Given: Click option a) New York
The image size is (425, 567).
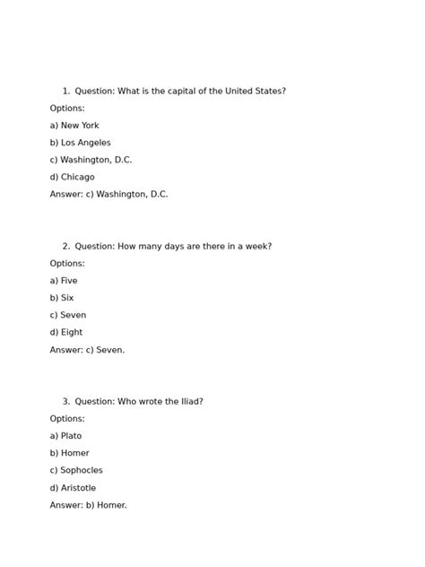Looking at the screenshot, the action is click(x=74, y=126).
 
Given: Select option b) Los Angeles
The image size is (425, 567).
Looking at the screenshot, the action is click(x=81, y=143).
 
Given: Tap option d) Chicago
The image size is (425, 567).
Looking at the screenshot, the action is click(x=72, y=177).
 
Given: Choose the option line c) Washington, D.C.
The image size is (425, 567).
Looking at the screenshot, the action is click(x=91, y=160).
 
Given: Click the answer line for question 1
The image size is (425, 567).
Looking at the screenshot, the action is click(x=108, y=194).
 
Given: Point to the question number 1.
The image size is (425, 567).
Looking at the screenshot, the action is click(x=65, y=92).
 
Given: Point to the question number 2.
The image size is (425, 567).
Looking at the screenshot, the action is click(x=65, y=247).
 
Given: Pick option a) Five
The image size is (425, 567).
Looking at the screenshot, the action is click(x=64, y=281).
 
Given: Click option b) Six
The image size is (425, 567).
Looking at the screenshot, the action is click(x=62, y=298).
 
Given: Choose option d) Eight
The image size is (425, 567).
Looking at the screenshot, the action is click(x=66, y=332).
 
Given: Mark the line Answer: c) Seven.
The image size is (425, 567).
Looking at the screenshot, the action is click(x=87, y=350).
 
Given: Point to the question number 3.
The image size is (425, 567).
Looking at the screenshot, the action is click(x=65, y=402).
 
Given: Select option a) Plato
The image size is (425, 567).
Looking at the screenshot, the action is click(x=65, y=436).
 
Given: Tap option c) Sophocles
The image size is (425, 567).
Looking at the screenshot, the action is click(x=76, y=470).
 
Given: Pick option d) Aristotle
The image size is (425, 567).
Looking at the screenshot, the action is click(x=73, y=488).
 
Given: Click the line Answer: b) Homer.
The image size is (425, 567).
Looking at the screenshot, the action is click(x=88, y=505).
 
